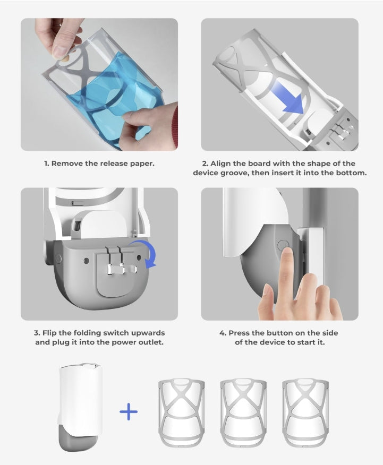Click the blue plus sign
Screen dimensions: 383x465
(129, 411)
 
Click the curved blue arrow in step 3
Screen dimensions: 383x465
(144, 253)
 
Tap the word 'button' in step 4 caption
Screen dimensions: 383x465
(279, 333)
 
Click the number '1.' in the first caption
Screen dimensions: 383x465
(47, 163)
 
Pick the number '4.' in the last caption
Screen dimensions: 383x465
(223, 333)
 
